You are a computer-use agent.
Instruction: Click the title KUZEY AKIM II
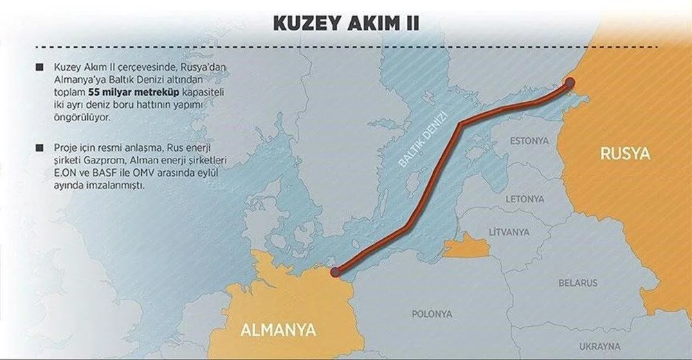(345, 23)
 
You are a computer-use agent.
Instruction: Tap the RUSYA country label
(624, 154)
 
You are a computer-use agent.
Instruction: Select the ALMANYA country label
(277, 328)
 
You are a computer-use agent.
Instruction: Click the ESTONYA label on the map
(529, 141)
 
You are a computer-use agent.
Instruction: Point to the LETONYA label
(525, 199)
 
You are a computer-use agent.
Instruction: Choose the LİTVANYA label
(509, 230)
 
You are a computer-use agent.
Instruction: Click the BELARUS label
(578, 283)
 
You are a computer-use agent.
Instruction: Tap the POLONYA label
(432, 314)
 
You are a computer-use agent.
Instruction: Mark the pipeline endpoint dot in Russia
(570, 82)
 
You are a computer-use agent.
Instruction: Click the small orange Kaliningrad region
(466, 246)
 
